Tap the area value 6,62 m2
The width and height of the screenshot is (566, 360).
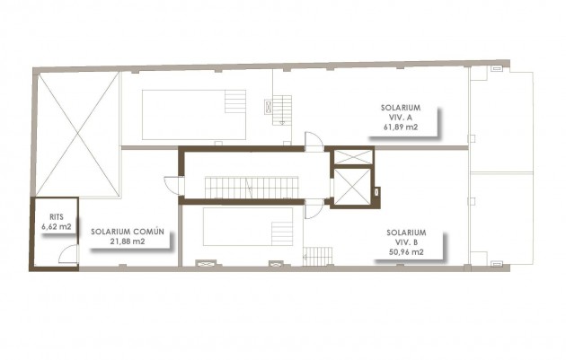tap(56, 227)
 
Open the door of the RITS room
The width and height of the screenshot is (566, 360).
tap(66, 257)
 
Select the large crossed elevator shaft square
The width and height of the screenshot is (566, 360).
tap(353, 188)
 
